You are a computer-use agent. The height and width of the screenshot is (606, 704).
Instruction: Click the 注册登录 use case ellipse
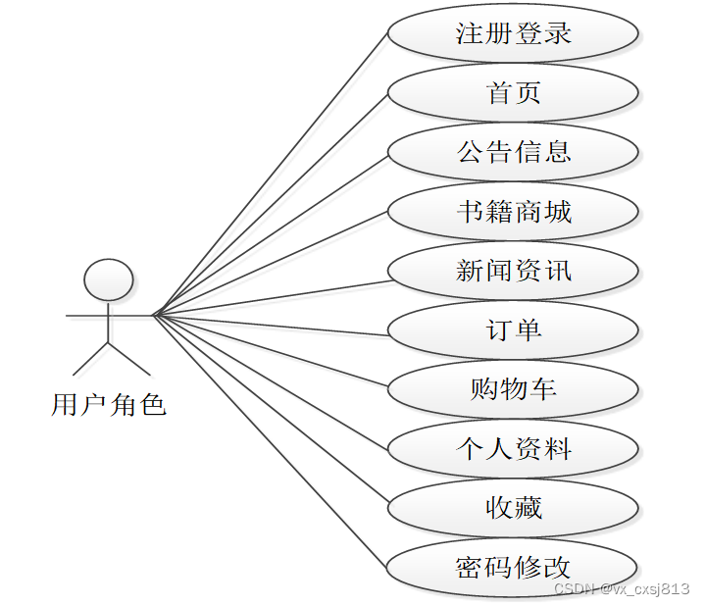click(513, 33)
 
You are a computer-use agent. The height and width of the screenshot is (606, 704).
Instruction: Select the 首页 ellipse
click(513, 93)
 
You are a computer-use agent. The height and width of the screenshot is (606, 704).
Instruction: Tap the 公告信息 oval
click(513, 152)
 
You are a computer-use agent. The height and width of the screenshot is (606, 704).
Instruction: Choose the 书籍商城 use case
click(513, 212)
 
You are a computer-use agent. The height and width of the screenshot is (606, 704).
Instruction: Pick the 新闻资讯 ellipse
click(513, 271)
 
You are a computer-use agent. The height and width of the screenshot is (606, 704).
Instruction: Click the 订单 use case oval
click(513, 330)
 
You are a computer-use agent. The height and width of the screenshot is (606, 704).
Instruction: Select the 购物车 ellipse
click(513, 389)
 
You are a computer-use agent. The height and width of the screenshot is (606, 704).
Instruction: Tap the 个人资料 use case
click(513, 449)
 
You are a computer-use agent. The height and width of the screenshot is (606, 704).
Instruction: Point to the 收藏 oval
click(513, 508)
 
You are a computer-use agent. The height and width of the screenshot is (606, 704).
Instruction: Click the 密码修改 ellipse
click(513, 567)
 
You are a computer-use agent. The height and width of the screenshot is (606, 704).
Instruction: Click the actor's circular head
click(108, 279)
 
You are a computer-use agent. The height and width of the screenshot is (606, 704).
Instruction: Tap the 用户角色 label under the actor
click(108, 404)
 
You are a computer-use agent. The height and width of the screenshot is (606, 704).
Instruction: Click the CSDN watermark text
click(621, 588)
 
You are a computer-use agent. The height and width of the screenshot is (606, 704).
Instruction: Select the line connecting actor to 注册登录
click(271, 176)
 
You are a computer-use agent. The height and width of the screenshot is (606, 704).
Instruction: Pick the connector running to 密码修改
click(271, 441)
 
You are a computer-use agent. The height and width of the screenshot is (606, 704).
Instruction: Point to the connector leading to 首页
click(271, 205)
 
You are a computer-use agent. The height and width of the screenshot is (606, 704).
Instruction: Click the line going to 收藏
click(271, 412)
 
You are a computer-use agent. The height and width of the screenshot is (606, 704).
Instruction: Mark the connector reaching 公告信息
click(271, 234)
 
